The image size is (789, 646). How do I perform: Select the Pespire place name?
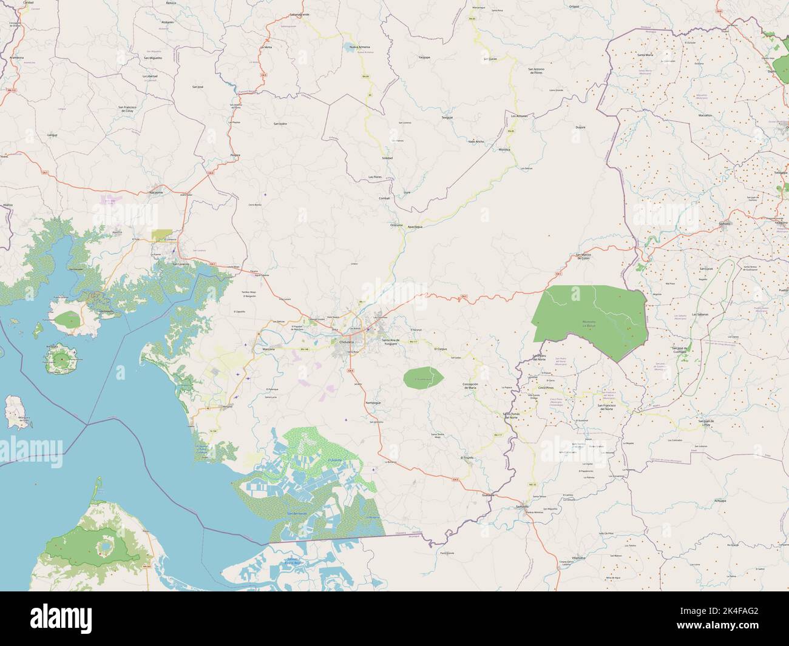[x=235, y=155]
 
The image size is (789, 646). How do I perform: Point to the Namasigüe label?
[x=372, y=403]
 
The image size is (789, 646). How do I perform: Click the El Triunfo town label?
[x=467, y=457]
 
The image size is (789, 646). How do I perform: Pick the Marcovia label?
[x=269, y=350]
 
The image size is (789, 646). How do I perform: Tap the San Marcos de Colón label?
[x=582, y=257]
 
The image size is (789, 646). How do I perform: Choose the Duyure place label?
[x=580, y=127]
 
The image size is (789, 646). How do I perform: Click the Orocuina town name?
[x=396, y=225]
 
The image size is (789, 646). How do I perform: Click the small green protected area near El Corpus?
[x=423, y=378]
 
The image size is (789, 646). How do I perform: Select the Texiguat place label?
[x=447, y=117]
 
